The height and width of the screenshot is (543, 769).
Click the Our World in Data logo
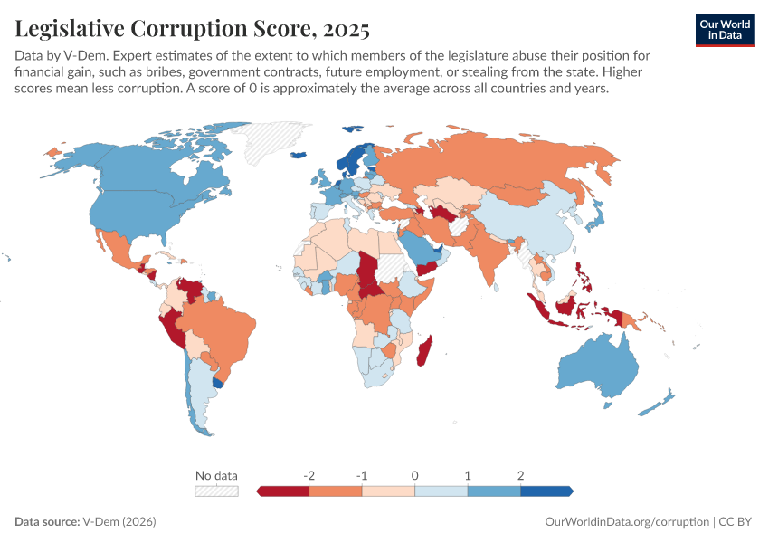pyautogui.click(x=724, y=29)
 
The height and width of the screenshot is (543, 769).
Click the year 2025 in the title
pyautogui.click(x=343, y=29)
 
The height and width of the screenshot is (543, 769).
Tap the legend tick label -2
pyautogui.click(x=309, y=475)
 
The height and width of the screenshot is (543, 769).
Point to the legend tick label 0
pyautogui.click(x=415, y=475)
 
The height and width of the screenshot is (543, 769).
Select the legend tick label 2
pyautogui.click(x=521, y=475)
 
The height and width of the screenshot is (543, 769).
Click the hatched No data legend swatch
pyautogui.click(x=216, y=491)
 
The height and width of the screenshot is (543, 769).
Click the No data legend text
pyautogui.click(x=216, y=475)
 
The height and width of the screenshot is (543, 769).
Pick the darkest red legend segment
pyautogui.click(x=284, y=491)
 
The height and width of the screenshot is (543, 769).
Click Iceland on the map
pyautogui.click(x=302, y=155)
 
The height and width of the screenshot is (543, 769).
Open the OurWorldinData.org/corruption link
pyautogui.click(x=628, y=522)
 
